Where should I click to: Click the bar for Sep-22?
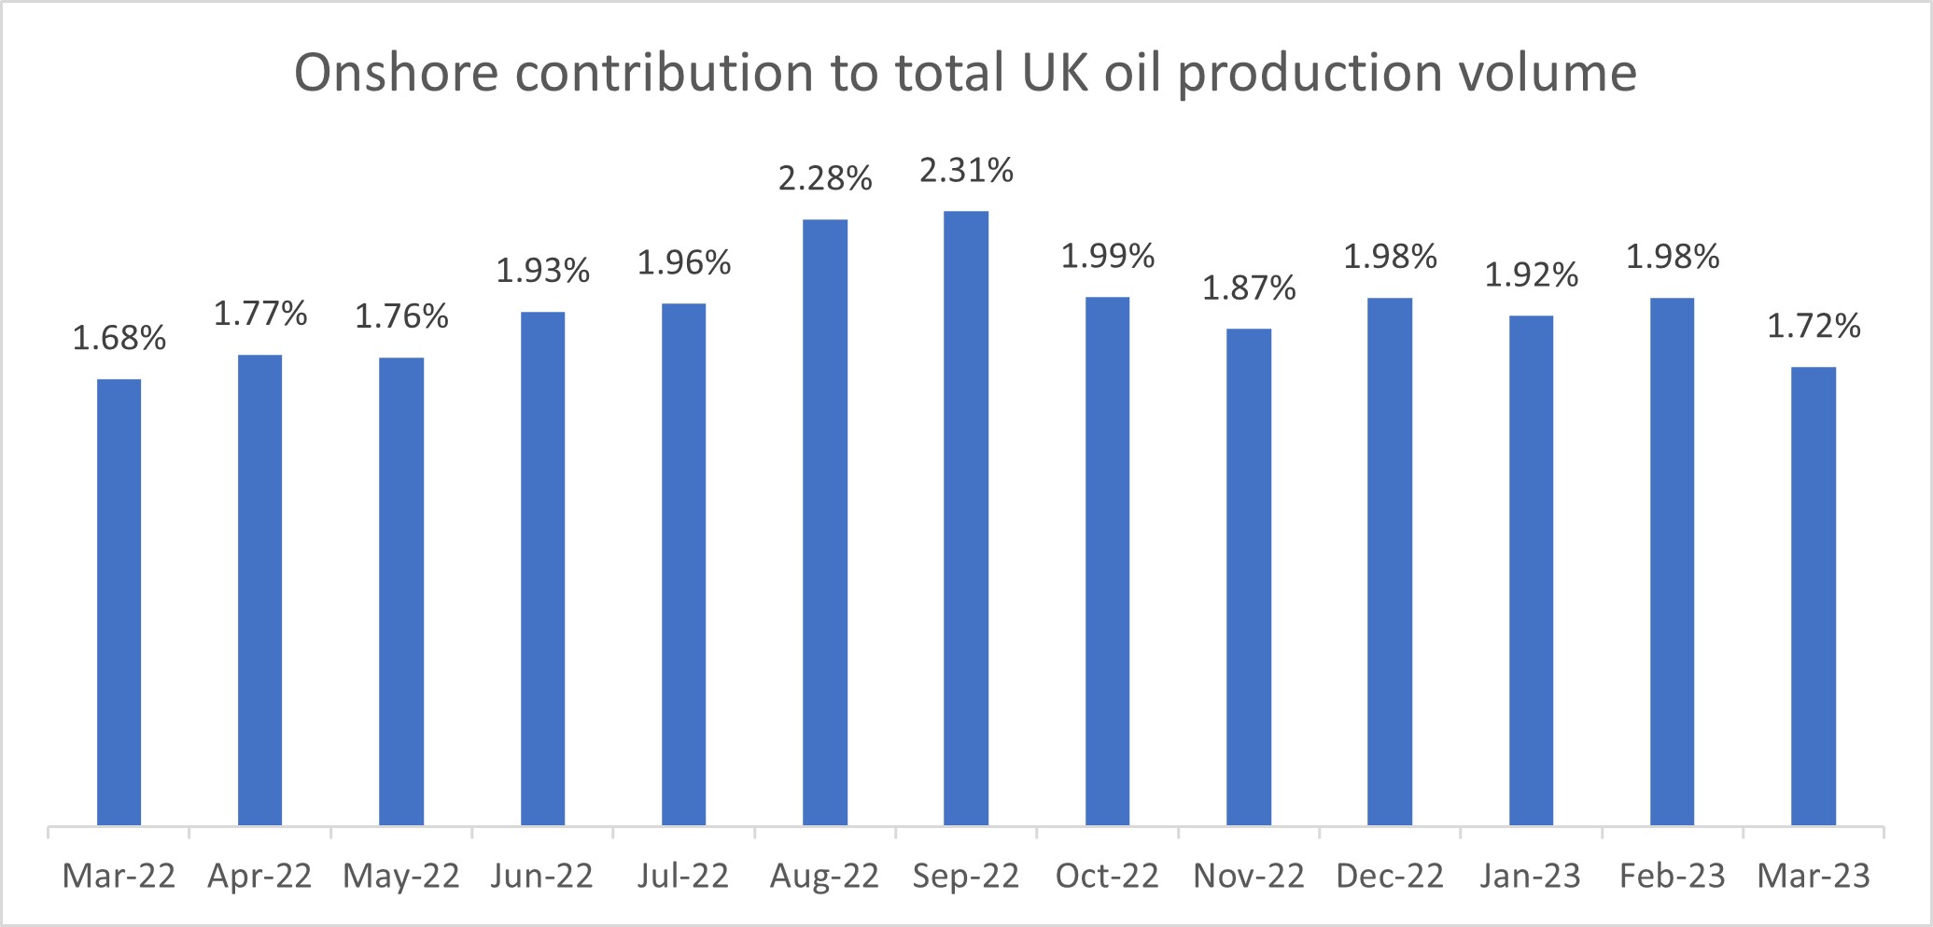click(966, 518)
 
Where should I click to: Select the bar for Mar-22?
click(119, 602)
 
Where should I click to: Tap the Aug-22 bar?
click(825, 523)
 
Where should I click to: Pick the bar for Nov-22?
click(1249, 577)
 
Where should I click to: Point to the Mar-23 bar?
click(1814, 596)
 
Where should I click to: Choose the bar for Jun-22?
click(542, 569)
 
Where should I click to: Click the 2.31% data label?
click(966, 171)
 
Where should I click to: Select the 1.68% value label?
click(119, 338)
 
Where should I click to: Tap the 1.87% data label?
click(1249, 288)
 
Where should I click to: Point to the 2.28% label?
click(825, 178)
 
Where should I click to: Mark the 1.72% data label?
click(1814, 327)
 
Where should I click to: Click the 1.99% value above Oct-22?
click(1107, 256)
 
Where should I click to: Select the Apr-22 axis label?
click(259, 877)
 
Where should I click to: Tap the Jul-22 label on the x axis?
click(683, 877)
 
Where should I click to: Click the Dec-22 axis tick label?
click(1390, 877)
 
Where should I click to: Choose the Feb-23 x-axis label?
click(1672, 877)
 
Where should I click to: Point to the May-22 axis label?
click(401, 877)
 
